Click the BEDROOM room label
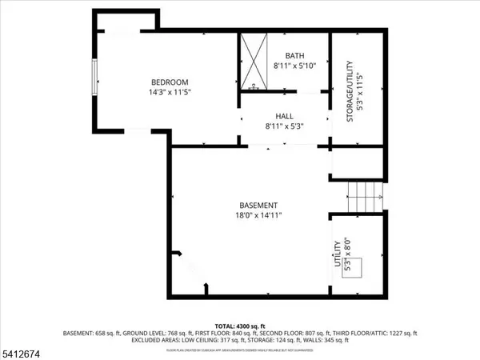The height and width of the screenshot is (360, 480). [170, 82]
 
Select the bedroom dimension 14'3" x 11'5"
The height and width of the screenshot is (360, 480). [170, 92]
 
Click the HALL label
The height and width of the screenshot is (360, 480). [285, 115]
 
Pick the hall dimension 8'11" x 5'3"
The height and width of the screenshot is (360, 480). [285, 126]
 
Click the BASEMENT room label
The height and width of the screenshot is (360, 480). [258, 205]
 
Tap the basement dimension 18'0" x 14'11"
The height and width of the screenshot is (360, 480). [258, 215]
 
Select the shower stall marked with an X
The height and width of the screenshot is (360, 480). [255, 62]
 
